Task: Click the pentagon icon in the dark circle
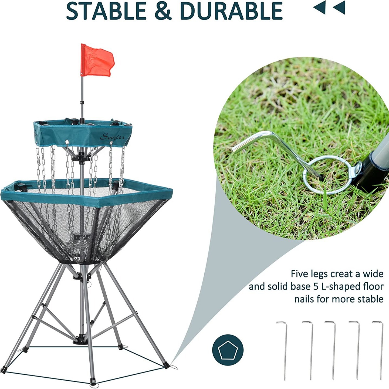pos(228,350)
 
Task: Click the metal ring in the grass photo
pos(328,175)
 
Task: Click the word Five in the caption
pos(299,274)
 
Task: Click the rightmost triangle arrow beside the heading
pos(340,7)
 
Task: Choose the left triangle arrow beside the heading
pos(320,7)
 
